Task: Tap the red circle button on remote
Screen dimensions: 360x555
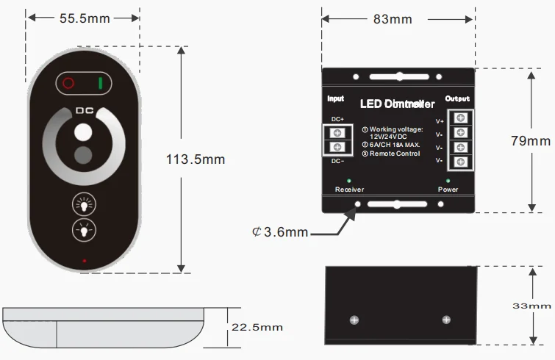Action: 68,83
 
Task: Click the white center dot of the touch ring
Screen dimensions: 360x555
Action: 80,134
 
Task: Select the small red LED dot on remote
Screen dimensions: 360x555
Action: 85,261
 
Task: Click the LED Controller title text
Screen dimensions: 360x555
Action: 398,104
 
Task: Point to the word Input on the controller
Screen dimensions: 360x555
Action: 335,99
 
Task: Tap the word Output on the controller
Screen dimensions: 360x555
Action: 457,99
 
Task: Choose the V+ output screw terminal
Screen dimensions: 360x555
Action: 461,120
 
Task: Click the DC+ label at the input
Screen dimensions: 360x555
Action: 337,119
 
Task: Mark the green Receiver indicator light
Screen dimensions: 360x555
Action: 349,180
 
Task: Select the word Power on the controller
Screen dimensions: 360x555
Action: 448,190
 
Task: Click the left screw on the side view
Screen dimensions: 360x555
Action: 354,320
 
